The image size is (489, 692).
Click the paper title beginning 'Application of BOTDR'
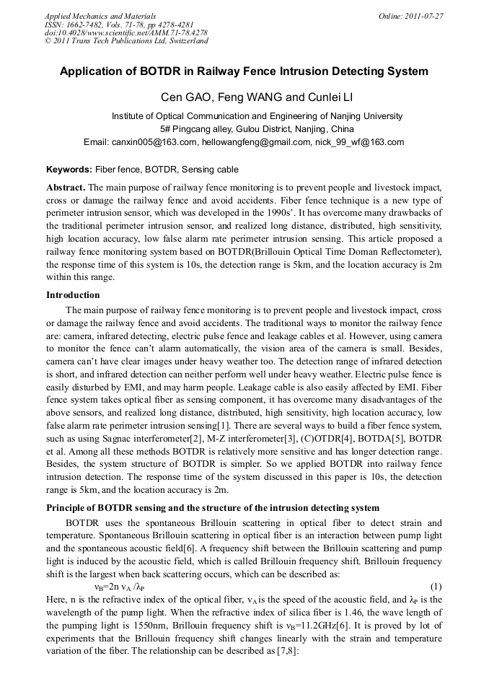[x=244, y=71]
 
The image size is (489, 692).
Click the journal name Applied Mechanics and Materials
[x=100, y=16]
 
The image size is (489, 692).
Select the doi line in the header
[x=126, y=32]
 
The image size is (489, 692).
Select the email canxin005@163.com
[x=154, y=142]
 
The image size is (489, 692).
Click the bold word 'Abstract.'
[x=66, y=187]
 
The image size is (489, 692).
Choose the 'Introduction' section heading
[x=73, y=294]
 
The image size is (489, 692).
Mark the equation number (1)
[x=436, y=587]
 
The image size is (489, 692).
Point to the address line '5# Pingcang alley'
[x=257, y=129]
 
